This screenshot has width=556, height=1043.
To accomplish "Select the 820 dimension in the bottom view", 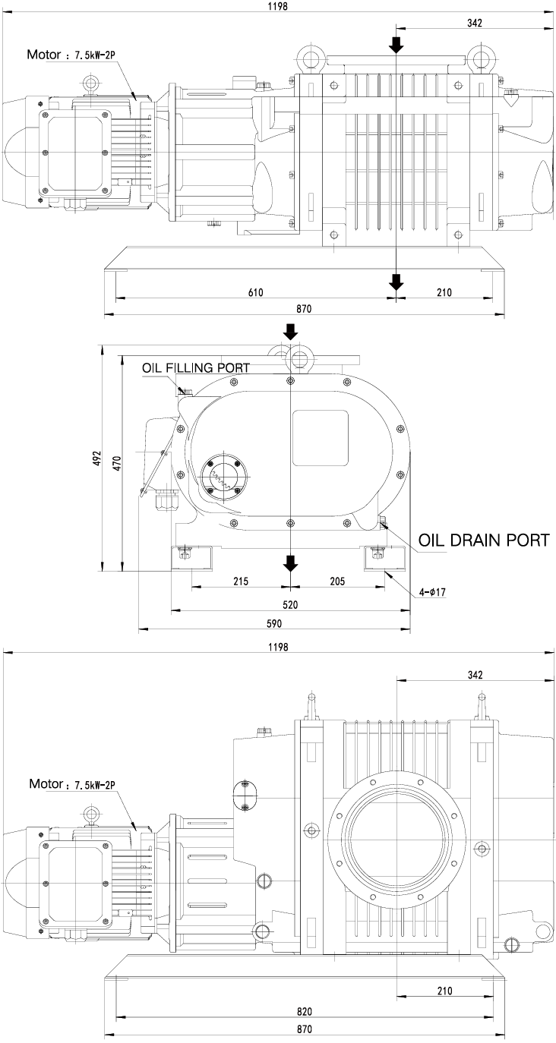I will tap(305, 1012).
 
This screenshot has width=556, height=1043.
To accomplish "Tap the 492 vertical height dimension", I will tap(97, 458).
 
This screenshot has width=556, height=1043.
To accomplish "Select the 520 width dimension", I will tap(290, 604).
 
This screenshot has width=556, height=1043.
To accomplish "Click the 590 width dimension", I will tap(274, 624).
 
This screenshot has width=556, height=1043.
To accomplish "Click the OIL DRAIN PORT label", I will tap(483, 540).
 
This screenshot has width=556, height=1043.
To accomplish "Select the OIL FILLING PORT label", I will tap(195, 367).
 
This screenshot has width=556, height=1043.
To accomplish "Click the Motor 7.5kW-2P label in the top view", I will tap(70, 55).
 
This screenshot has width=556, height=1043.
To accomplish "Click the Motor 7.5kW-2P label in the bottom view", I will tap(71, 783).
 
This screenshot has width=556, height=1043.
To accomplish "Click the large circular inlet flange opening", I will tap(393, 842).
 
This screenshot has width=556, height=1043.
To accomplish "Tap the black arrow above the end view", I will tap(290, 331).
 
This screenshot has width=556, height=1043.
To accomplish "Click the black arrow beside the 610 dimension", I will tap(396, 282).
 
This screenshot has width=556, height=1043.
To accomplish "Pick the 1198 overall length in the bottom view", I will tap(277, 647).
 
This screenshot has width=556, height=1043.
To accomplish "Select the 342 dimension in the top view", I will tap(475, 24).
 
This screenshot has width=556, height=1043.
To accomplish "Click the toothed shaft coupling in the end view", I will tap(221, 477).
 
